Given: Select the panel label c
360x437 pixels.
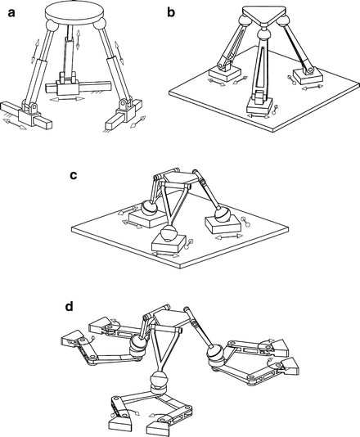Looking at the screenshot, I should coord(74,175).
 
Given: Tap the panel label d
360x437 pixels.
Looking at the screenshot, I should coord(70,308).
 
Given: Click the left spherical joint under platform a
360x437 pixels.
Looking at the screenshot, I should coord(52,25).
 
